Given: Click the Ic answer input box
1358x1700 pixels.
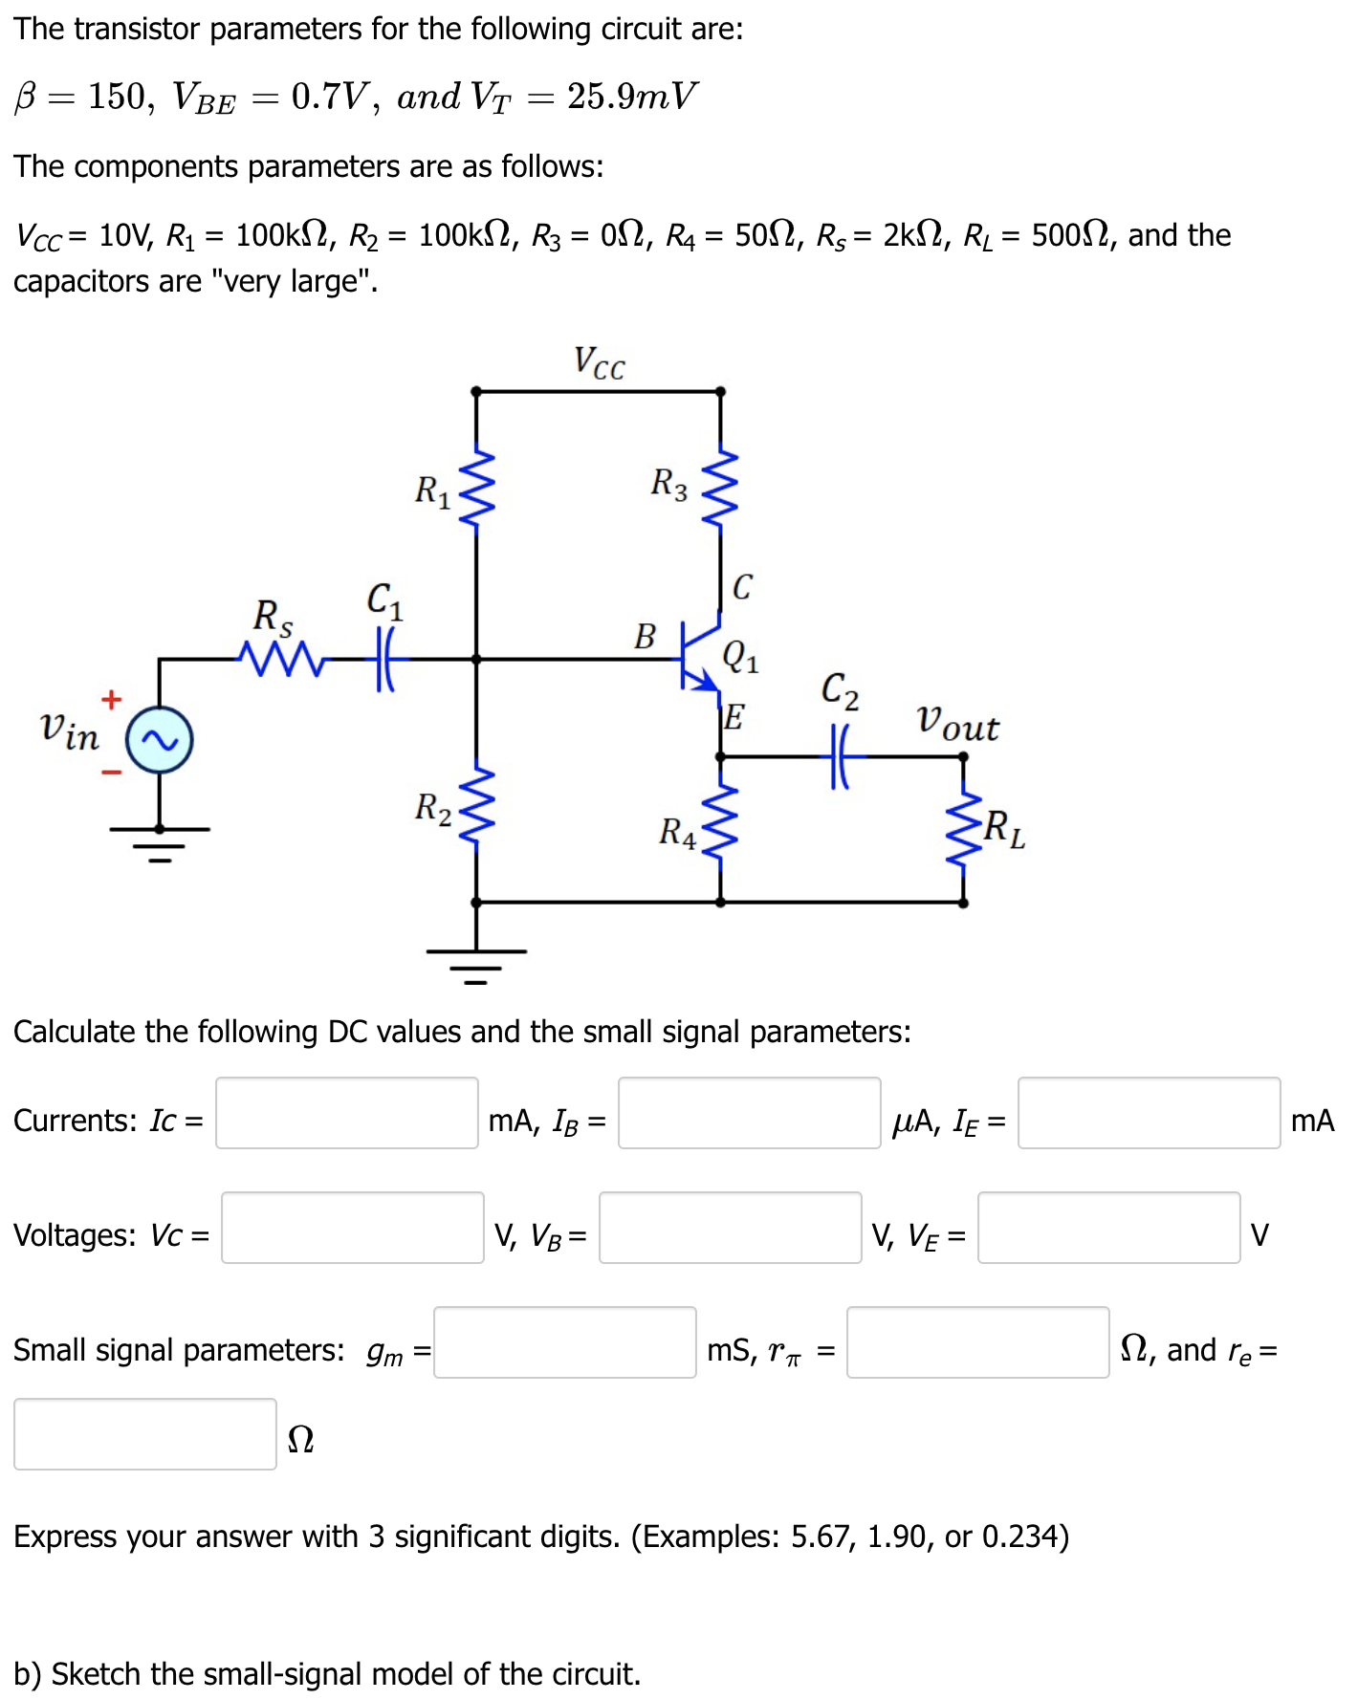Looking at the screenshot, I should [x=346, y=1113].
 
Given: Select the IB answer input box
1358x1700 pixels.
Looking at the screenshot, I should [x=749, y=1113].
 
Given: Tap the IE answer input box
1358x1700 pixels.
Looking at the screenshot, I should [x=1149, y=1113].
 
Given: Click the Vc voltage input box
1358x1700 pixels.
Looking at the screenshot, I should [x=352, y=1228].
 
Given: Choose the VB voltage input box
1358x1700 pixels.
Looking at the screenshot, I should [x=730, y=1228].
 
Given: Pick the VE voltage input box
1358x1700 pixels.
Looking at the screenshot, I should [x=1108, y=1228].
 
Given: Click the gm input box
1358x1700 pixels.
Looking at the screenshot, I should [x=564, y=1342].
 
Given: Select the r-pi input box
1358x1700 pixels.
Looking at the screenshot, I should [x=977, y=1342].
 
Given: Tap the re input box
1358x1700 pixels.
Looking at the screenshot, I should [x=145, y=1434].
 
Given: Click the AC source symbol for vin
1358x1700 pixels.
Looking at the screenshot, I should [x=160, y=741].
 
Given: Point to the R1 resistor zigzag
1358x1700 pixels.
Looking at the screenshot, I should [x=476, y=487].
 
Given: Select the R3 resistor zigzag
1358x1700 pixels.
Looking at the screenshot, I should [x=720, y=487].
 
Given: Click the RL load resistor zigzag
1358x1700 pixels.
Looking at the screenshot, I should [x=963, y=828].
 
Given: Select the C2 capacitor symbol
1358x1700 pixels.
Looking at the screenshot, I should [x=840, y=756].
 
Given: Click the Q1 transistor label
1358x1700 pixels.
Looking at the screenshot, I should [x=741, y=657].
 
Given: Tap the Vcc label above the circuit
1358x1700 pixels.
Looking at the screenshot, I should [x=599, y=363].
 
